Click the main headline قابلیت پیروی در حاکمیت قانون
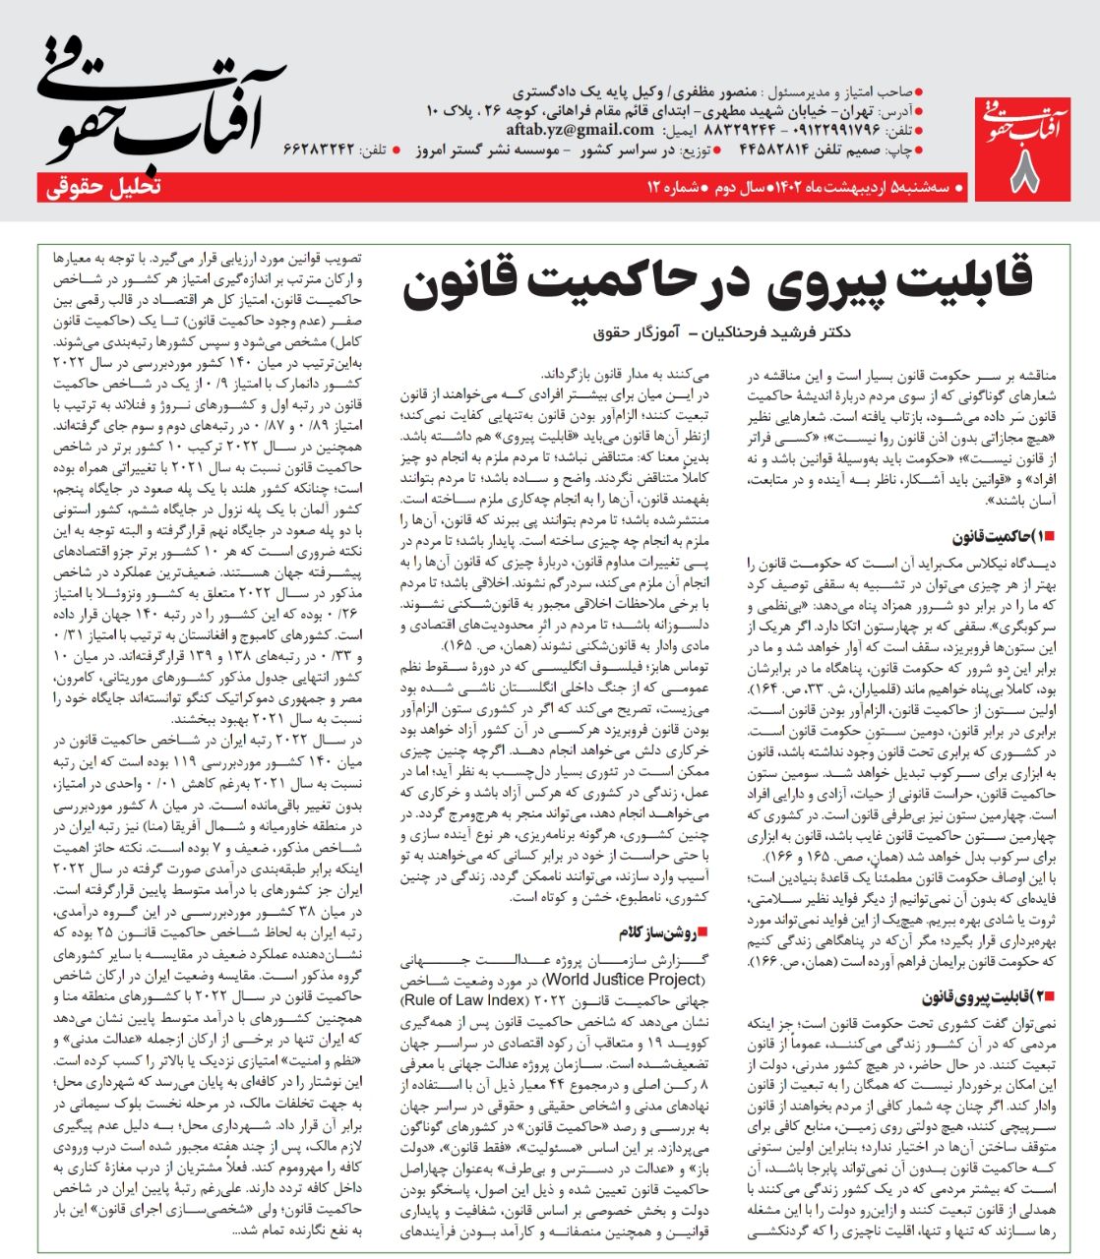(717, 280)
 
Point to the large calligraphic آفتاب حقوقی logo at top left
(157, 98)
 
